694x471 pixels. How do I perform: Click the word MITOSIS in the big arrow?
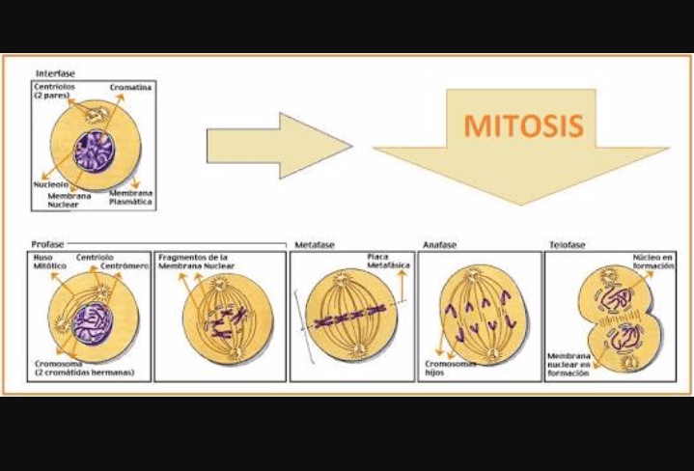click(x=522, y=125)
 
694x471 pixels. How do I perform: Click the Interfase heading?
click(x=55, y=73)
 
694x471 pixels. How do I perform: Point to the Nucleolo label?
click(x=49, y=183)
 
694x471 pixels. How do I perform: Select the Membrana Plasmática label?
click(x=131, y=198)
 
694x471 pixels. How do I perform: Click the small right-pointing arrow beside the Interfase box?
click(x=279, y=146)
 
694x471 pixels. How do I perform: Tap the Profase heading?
click(x=47, y=245)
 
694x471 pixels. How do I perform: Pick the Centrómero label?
click(x=125, y=266)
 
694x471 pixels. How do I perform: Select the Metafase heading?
click(x=315, y=246)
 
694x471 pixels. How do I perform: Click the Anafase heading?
click(x=440, y=246)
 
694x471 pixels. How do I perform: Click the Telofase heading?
click(x=568, y=246)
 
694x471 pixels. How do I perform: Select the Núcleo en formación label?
click(x=652, y=263)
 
